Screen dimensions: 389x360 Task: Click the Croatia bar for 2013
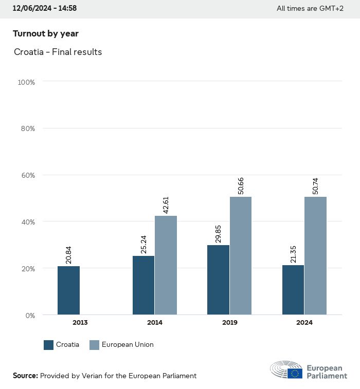pos(68,290)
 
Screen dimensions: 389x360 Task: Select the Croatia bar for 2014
pos(143,285)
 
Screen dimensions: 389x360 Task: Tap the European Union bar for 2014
pos(166,265)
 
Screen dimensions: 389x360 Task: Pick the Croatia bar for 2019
pos(219,280)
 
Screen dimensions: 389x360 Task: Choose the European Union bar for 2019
pos(241,255)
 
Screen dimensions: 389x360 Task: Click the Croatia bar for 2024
pos(293,290)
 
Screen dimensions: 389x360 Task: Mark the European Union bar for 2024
pos(315,255)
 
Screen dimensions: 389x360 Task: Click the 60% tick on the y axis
pos(26,175)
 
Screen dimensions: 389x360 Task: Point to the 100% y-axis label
pos(26,82)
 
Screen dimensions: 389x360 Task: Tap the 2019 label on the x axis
pos(229,323)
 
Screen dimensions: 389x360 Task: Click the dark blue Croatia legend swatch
pos(49,345)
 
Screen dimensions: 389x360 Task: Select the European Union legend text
pos(128,345)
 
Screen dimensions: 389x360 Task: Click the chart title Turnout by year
pos(46,34)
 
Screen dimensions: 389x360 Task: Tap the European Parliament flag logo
pos(295,373)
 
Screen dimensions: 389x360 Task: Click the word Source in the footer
pos(25,376)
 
